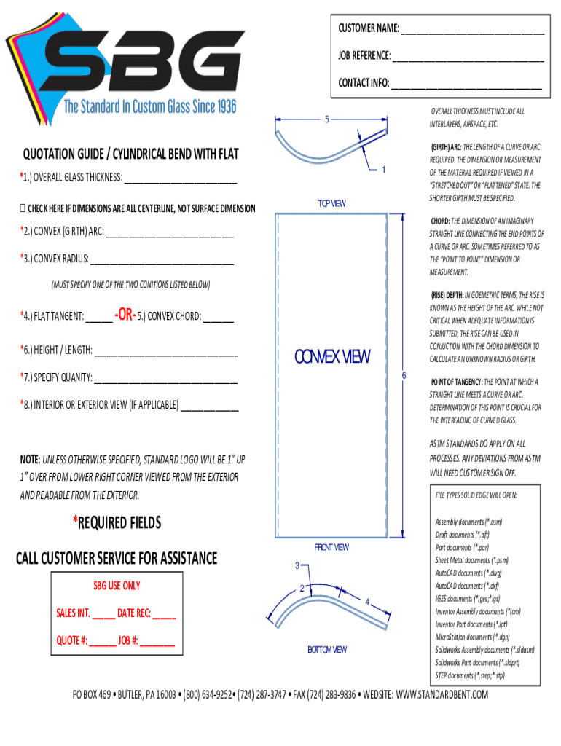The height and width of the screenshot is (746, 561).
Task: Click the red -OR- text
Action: coord(124,315)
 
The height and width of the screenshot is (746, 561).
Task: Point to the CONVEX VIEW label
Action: coord(331,357)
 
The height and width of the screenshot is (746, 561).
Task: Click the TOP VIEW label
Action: coord(331,203)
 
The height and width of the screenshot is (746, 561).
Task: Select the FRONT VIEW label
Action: coord(331,547)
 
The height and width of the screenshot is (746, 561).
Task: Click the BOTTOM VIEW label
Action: coord(326,650)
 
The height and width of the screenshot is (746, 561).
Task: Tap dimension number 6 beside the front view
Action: coord(404,375)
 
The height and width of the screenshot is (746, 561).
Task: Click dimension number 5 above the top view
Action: coord(327,119)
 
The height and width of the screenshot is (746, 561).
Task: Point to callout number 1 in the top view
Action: coord(383,170)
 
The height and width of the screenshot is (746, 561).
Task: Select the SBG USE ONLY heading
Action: coord(117,586)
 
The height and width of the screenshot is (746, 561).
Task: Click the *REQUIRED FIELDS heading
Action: coord(117,522)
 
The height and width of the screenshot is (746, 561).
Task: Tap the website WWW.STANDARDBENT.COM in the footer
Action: coord(442,695)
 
